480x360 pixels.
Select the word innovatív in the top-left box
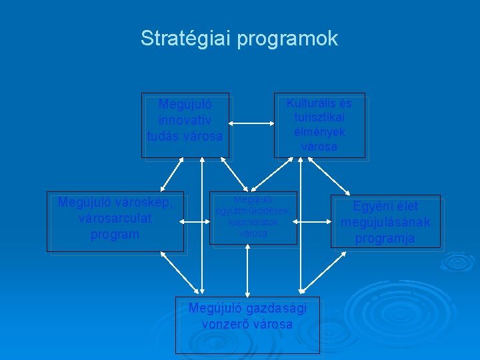pyautogui.click(x=185, y=121)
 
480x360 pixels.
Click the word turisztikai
pyautogui.click(x=319, y=117)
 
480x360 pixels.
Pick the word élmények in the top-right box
pyautogui.click(x=319, y=131)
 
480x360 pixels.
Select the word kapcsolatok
pyautogui.click(x=253, y=222)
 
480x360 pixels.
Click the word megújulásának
pyautogui.click(x=385, y=222)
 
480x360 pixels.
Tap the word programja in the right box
pyautogui.click(x=385, y=237)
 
